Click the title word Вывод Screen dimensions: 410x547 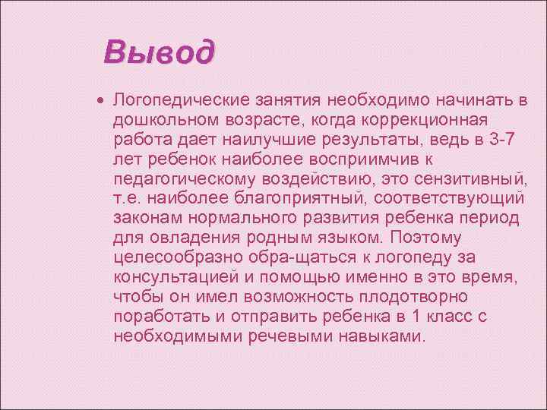point(160,53)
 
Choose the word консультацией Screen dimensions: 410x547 point(179,277)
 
